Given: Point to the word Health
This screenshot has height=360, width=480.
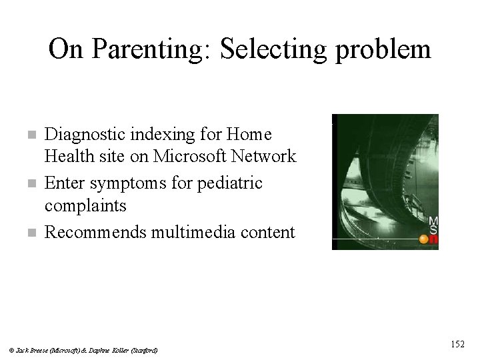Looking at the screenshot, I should [66, 157].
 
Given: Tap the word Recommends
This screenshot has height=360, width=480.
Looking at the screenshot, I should [96, 232].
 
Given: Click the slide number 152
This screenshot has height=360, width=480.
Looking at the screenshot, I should [457, 344].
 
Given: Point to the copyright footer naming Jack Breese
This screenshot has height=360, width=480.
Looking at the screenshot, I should [84, 350].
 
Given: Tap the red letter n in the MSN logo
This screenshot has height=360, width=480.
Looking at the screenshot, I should [434, 243].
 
